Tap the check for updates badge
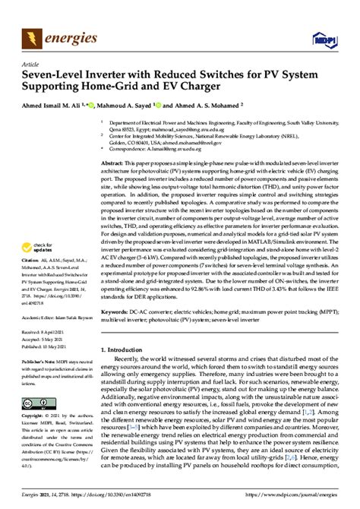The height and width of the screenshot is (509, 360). tap(41, 247)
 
